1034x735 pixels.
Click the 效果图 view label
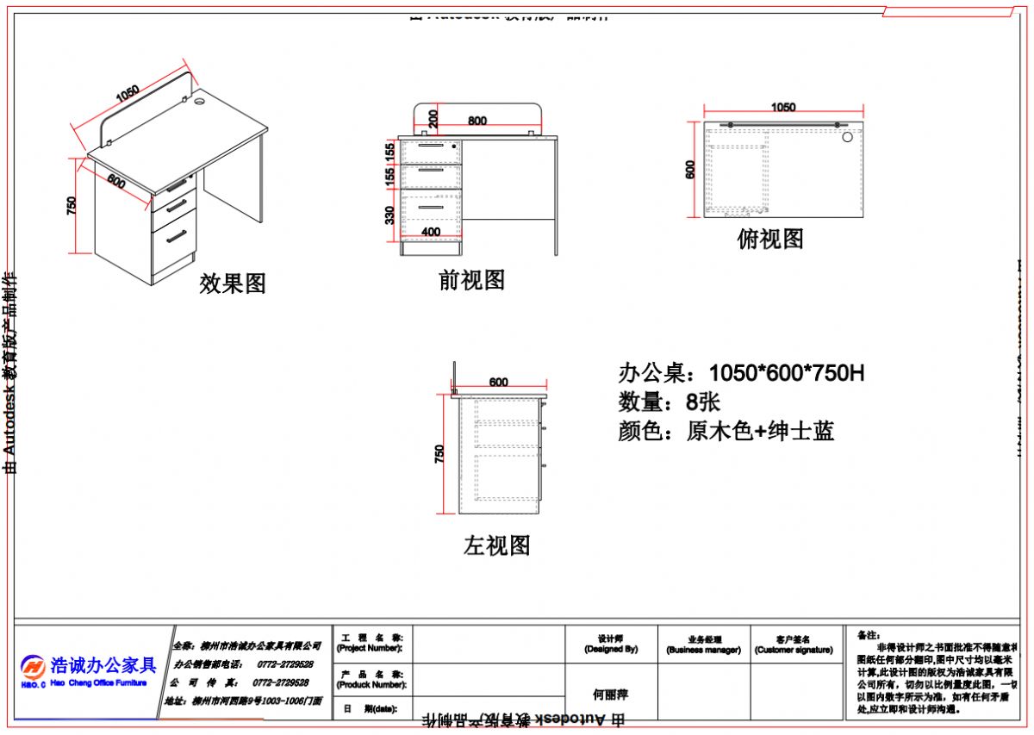(233, 283)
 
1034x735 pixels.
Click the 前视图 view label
(471, 280)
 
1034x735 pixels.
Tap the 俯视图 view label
(770, 239)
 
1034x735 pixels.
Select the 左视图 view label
(496, 545)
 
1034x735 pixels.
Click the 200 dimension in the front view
(433, 118)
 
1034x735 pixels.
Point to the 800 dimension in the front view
(477, 121)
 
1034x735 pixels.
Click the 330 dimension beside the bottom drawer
(390, 215)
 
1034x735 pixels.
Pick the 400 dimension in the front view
(431, 232)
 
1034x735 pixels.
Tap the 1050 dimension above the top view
(782, 108)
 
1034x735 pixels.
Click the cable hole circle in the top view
(847, 136)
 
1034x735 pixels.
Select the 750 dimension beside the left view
(440, 454)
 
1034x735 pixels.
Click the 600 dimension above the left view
(498, 382)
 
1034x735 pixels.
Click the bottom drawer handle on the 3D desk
(177, 236)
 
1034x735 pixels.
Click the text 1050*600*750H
(786, 373)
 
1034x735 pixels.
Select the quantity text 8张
(703, 402)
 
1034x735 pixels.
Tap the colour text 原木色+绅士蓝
(760, 431)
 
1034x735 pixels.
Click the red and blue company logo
(34, 667)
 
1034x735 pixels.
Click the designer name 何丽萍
(610, 694)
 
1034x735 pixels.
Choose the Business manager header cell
(703, 645)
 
